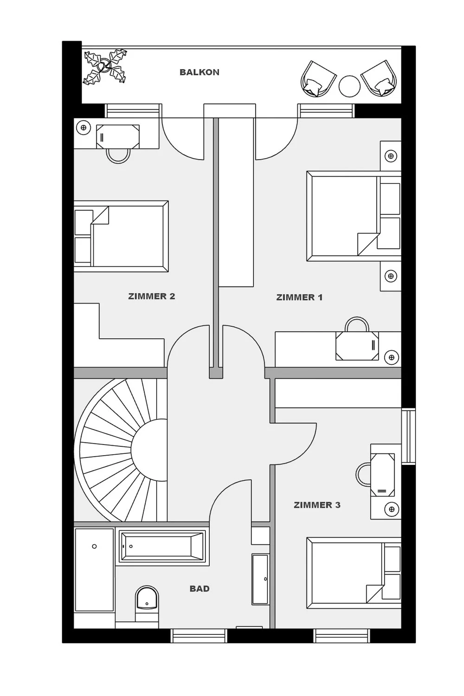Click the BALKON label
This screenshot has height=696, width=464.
coord(199,72)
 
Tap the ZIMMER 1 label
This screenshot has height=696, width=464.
coord(299,297)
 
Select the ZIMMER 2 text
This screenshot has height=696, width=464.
coord(151,296)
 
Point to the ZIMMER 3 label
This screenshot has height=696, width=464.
coord(317,505)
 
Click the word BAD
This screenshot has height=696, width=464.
coord(200,588)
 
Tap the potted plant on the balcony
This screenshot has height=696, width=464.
coord(105,67)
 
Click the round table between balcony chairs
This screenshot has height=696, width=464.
coord(349,86)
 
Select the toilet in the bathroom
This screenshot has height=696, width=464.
coord(147,601)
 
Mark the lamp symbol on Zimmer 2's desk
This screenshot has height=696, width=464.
coord(84,127)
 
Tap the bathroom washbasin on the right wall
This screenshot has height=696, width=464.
coord(260,579)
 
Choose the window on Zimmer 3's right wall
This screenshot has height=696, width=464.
coord(408,436)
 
